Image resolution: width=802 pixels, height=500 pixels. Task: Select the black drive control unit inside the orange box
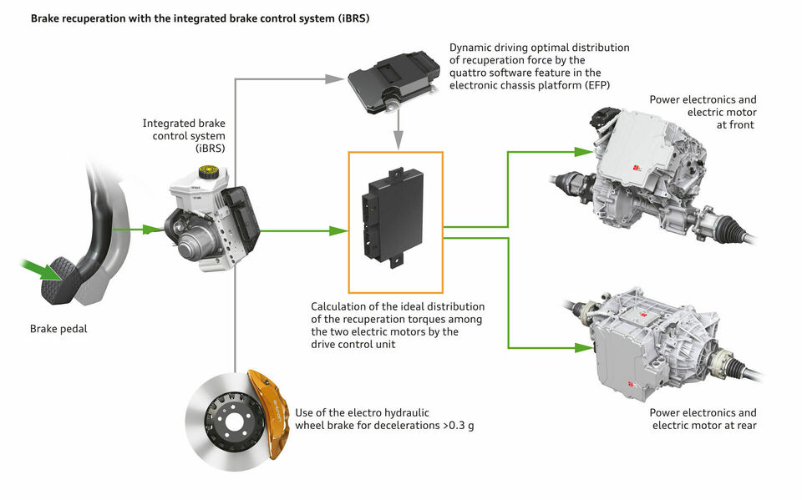point(394,216)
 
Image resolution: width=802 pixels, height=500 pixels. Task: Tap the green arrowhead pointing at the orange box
point(339,230)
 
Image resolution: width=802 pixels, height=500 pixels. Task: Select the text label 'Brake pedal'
point(58,329)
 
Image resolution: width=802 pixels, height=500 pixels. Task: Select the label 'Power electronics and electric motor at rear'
point(703,419)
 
